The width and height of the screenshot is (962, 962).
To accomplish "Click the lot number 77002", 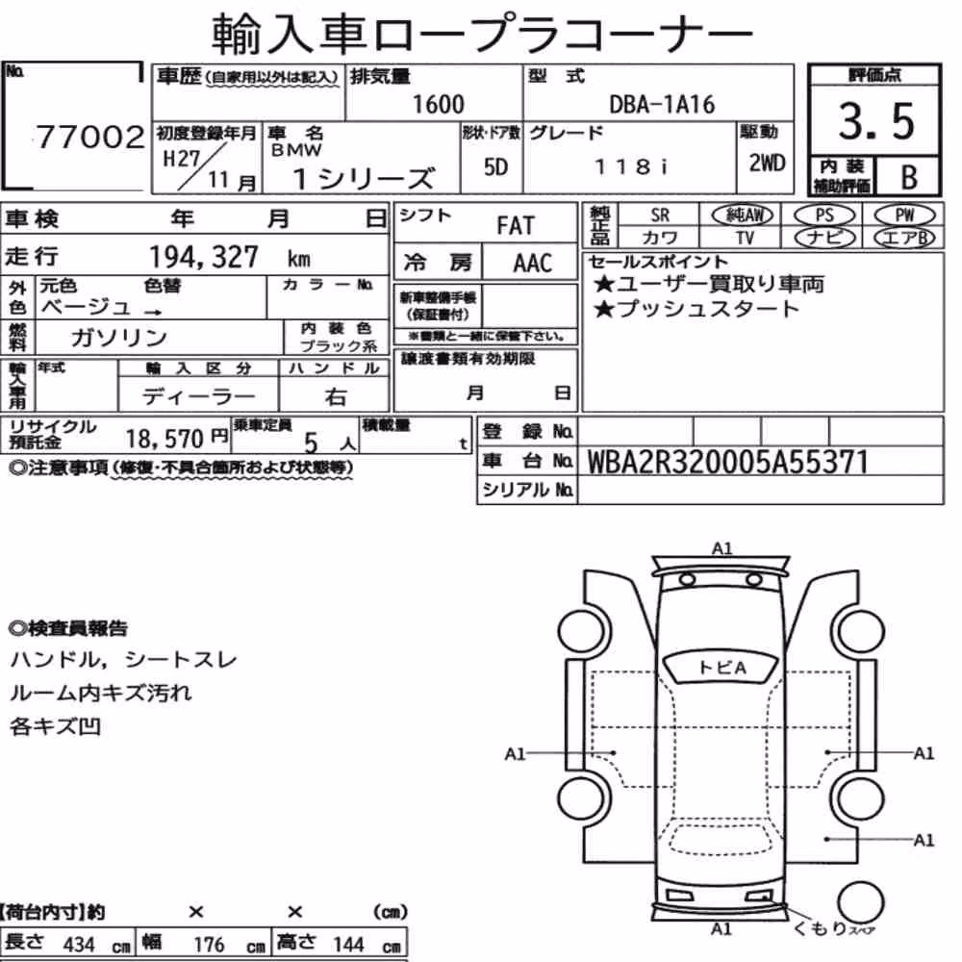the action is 90,137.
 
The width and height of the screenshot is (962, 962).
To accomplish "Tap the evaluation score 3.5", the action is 876,121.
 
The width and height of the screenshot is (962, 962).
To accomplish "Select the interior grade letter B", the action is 909,177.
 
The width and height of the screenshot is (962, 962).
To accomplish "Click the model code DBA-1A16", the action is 662,105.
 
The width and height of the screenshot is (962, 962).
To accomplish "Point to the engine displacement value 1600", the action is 438,104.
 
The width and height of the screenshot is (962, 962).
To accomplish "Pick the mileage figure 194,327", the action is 204,257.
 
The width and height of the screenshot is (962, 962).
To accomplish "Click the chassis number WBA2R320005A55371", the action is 727,463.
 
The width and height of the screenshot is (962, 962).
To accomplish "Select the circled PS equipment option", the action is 824,215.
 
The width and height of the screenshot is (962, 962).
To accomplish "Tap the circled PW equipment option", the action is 904,215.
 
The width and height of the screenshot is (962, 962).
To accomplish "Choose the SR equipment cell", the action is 660,215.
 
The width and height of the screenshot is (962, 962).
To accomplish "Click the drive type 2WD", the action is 767,164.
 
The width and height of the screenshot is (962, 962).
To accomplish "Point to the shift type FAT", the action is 516,226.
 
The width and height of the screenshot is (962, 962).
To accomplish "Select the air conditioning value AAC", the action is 532,264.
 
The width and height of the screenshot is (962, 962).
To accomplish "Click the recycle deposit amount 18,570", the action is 165,439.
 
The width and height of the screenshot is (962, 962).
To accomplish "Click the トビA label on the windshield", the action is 722,667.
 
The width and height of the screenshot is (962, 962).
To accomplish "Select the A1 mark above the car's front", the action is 722,548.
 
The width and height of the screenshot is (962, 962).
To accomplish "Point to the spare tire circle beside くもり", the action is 860,903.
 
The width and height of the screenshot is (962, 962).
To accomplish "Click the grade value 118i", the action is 631,166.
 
